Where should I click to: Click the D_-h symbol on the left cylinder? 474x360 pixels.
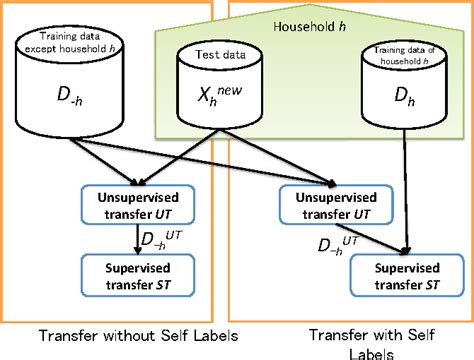click(62, 102)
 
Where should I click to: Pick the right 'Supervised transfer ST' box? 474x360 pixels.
click(403, 277)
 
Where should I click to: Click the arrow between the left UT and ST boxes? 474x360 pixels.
click(138, 242)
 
